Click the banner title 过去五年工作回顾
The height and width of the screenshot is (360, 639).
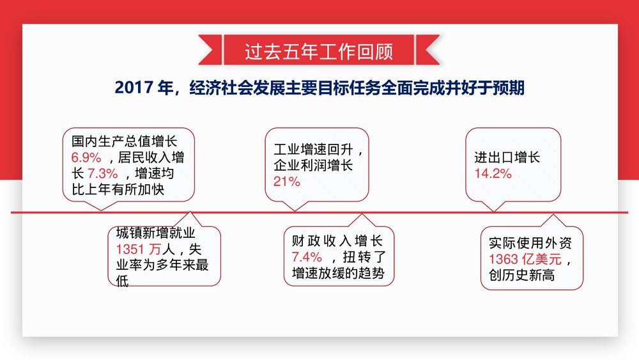click(x=319, y=52)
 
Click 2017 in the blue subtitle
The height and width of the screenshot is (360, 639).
click(x=134, y=88)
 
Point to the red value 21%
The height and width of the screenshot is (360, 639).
click(x=286, y=182)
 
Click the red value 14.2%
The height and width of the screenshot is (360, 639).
click(x=493, y=173)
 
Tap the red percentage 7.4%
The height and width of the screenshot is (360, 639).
click(x=307, y=258)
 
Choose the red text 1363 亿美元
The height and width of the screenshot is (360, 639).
click(x=525, y=260)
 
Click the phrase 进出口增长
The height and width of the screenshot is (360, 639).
click(x=507, y=157)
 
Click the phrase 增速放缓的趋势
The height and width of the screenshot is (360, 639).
click(x=337, y=274)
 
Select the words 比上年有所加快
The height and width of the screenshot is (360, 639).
click(x=124, y=189)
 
